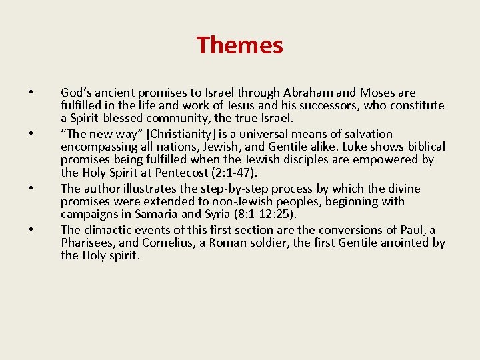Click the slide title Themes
[x=239, y=45]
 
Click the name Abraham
[x=311, y=93]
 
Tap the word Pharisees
[x=89, y=243]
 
